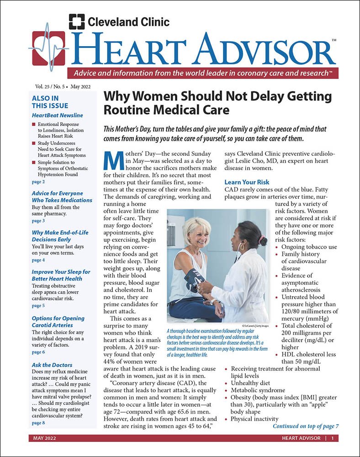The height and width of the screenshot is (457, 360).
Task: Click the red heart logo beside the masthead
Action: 48,47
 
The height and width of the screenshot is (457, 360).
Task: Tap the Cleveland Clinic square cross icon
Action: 76,22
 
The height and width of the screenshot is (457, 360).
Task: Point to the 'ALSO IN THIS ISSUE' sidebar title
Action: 45,102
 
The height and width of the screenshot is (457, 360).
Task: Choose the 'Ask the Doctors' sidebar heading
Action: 52,365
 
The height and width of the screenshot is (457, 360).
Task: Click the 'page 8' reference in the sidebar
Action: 38,423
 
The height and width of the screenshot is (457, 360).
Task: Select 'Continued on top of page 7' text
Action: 306,426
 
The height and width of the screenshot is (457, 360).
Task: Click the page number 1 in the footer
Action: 333,438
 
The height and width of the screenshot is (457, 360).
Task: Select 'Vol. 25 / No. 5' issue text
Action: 49,86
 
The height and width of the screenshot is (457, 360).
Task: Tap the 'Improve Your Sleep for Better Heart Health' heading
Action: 61,275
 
